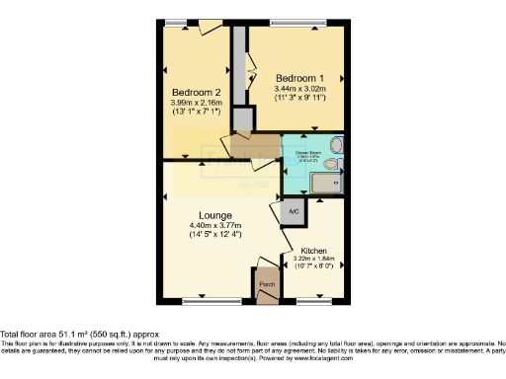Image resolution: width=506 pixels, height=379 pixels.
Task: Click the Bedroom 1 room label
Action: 299,77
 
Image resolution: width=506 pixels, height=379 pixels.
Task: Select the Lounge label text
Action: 214,215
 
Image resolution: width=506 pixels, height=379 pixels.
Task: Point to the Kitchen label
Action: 314,251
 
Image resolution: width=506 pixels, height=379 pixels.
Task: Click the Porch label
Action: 267,285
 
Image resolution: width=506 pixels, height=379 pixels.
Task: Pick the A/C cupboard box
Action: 294,211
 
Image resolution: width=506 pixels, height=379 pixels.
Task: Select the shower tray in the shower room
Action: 325,183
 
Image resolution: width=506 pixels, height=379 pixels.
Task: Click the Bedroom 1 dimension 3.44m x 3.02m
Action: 299,89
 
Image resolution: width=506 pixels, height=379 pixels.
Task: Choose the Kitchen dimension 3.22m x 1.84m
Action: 314,260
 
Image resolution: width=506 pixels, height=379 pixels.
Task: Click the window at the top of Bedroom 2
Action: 179,21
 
